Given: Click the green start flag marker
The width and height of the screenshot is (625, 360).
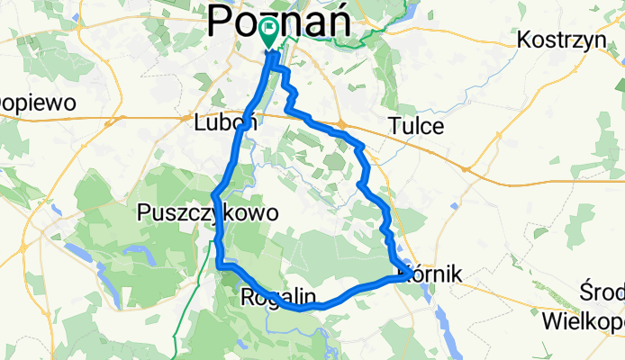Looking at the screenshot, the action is [269, 31].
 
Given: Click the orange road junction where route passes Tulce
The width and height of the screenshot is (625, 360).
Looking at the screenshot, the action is [343, 125].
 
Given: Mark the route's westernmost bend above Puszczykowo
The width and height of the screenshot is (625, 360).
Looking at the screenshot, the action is [214, 193].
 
